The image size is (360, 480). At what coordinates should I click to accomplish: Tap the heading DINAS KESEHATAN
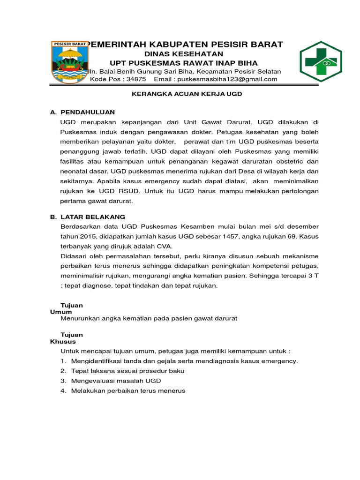(x=183, y=54)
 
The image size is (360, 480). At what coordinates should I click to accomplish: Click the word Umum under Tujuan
(x=61, y=312)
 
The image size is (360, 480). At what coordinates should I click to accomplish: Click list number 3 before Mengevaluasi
(x=63, y=381)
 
